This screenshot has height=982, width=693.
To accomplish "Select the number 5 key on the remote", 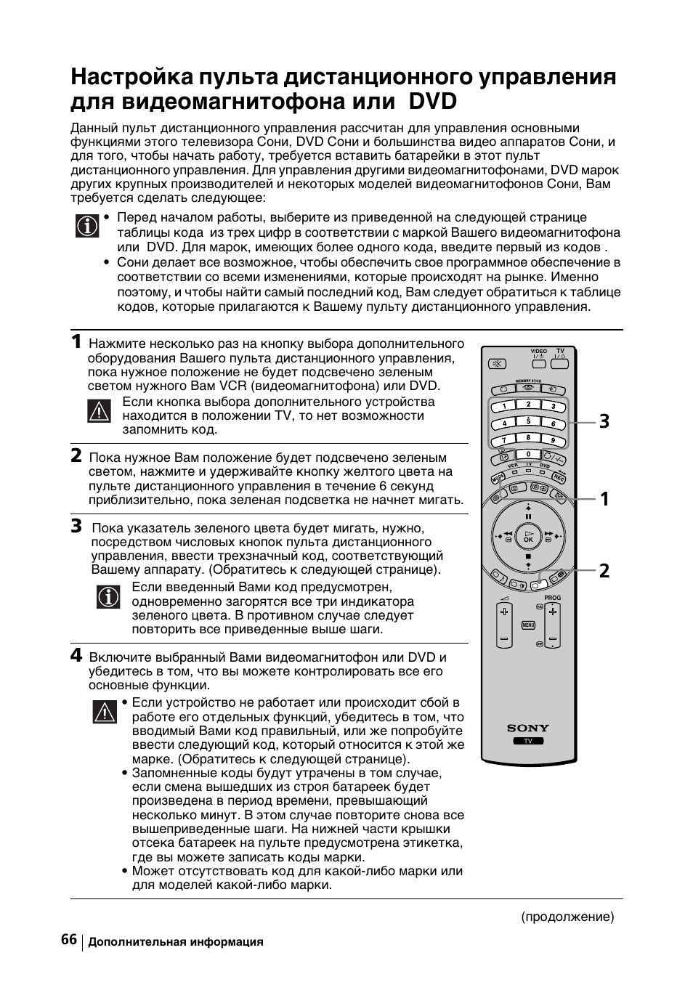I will pyautogui.click(x=528, y=422).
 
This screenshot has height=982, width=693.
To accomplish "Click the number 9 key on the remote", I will pyautogui.click(x=553, y=439).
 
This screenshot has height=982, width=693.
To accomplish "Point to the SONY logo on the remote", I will pyautogui.click(x=528, y=728).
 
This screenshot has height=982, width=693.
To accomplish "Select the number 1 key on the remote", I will pyautogui.click(x=503, y=406).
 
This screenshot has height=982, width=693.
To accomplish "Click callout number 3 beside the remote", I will pyautogui.click(x=604, y=421).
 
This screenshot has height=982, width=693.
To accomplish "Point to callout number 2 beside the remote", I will pyautogui.click(x=604, y=570).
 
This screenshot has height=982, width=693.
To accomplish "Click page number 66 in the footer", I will pyautogui.click(x=69, y=939).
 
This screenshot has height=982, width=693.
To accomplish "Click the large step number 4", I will pyautogui.click(x=76, y=655).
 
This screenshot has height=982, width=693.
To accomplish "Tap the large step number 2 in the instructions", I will pyautogui.click(x=76, y=455).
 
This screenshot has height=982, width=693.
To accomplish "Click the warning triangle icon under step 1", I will pyautogui.click(x=97, y=411).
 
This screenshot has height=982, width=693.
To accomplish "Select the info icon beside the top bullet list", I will pyautogui.click(x=87, y=226).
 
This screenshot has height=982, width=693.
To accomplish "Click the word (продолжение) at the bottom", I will pyautogui.click(x=567, y=917).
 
